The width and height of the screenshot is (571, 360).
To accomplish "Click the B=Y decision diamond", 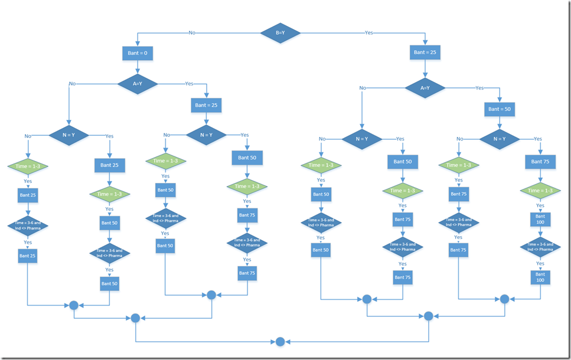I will coord(280,32).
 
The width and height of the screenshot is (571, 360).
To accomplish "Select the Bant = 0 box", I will coord(138,54).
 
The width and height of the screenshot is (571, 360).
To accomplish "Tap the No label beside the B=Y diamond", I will coord(192,32).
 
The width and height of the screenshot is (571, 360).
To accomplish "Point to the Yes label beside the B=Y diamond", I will coord(369,32).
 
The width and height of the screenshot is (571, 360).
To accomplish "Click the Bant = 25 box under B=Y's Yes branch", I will coord(425,53).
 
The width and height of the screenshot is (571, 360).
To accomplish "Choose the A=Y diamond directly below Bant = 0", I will coord(138,84).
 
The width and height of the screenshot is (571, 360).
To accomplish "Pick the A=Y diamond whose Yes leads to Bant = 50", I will coord(425,88).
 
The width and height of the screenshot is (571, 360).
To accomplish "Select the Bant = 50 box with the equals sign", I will coord(500,109).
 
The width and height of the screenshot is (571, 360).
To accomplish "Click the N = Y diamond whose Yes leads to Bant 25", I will coord(68,135).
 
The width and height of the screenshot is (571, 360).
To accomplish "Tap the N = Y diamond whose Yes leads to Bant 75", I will coord(500,139).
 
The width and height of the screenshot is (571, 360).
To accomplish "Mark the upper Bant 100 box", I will coord(540,220).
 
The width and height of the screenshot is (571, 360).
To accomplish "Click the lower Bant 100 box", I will coord(540,277).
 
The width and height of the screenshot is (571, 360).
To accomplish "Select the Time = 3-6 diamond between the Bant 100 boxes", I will coord(540,247).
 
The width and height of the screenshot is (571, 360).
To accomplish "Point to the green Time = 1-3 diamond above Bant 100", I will coord(540,191).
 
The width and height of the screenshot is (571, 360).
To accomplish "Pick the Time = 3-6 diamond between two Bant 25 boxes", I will coord(28,225).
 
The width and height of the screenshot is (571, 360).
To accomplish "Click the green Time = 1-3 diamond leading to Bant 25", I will coord(28,167).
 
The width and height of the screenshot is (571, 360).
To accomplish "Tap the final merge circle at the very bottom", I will coord(280,342).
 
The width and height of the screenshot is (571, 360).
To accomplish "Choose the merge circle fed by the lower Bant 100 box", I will coord(504,299).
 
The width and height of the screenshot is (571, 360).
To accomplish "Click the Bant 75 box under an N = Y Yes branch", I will coord(540,161).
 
